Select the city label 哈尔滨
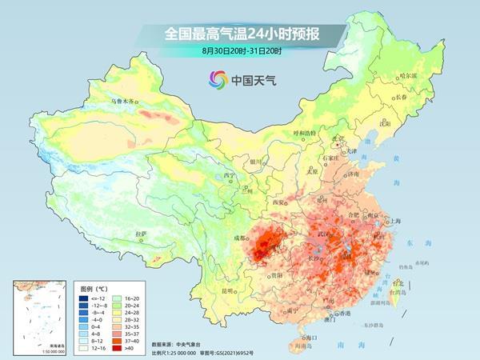[x=408, y=75]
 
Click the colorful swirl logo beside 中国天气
[x=218, y=78]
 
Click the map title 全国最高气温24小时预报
[x=240, y=34]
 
